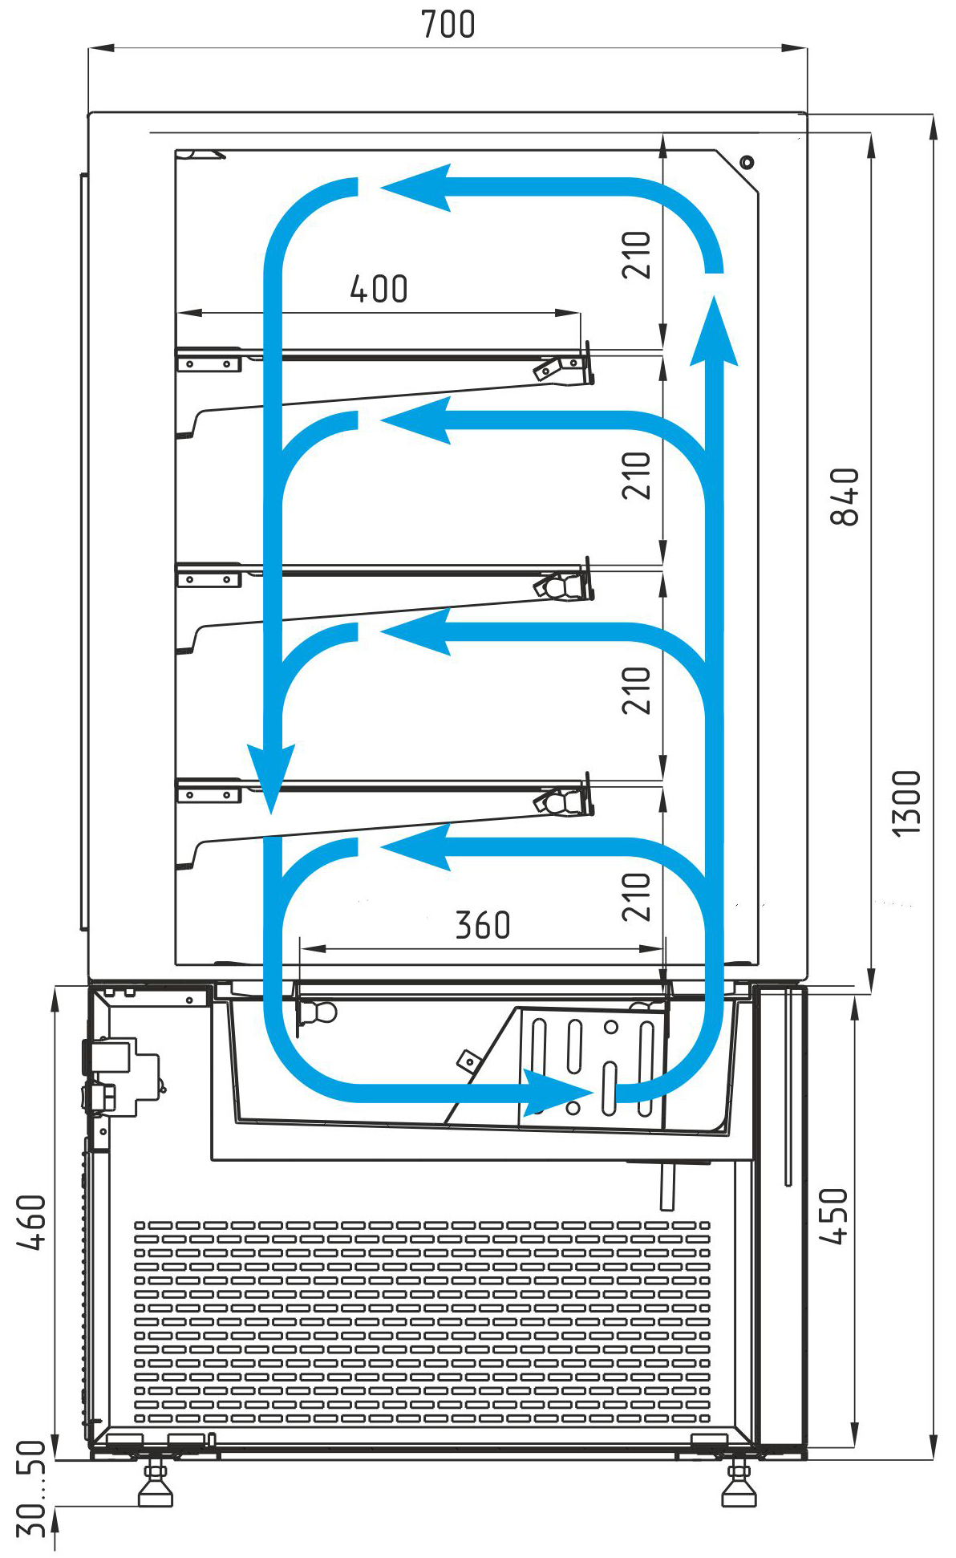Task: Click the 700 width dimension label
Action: [x=448, y=24]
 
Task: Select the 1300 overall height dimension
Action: [x=907, y=803]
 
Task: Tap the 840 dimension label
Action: [x=845, y=497]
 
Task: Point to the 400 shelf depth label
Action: [x=379, y=289]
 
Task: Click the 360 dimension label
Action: [x=483, y=925]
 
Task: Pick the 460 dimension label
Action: [x=32, y=1222]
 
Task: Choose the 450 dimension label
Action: [x=833, y=1216]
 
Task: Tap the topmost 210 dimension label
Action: [x=636, y=255]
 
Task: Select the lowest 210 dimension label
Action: [x=636, y=897]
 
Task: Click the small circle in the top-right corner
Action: [x=747, y=162]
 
